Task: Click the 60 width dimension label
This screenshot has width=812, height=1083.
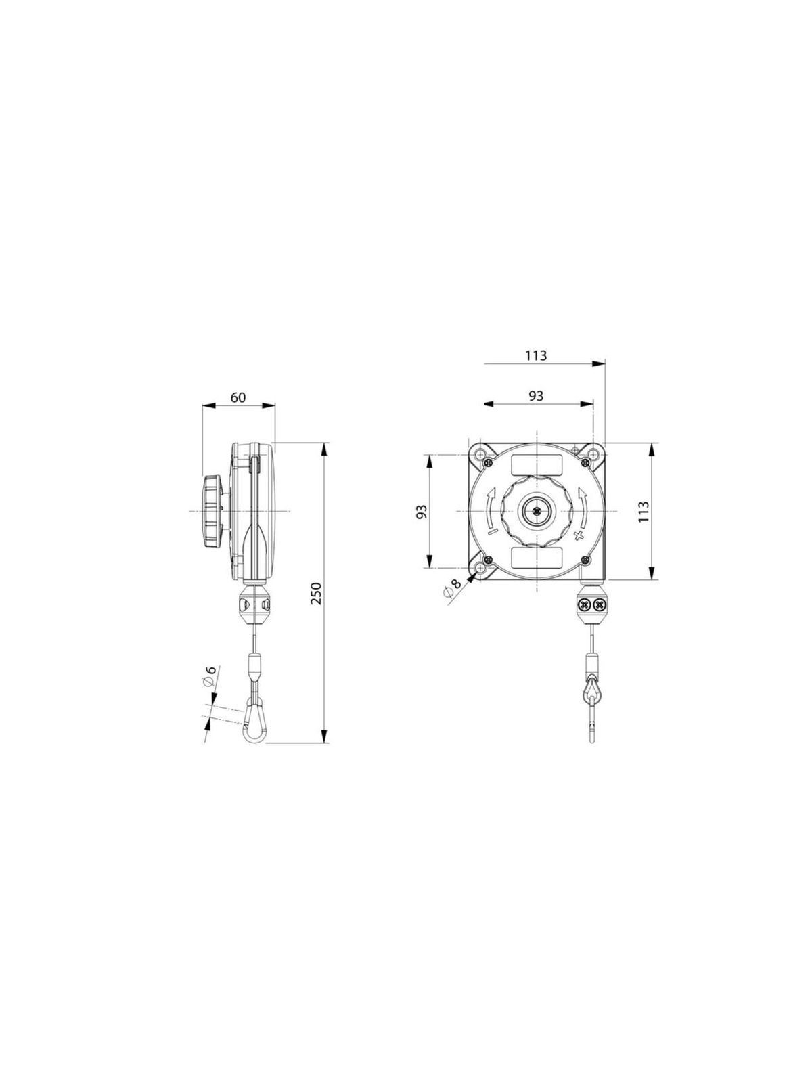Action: [x=238, y=397]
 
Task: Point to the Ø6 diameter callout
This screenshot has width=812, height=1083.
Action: [x=210, y=678]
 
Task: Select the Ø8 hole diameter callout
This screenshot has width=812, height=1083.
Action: [x=451, y=587]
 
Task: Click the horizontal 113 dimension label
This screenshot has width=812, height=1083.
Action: [x=535, y=355]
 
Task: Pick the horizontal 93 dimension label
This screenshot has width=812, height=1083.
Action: [x=535, y=396]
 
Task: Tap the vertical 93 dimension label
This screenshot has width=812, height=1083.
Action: [x=422, y=512]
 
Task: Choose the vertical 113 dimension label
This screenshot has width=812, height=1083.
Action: [x=643, y=512]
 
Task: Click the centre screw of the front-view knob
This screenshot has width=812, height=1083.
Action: [x=535, y=512]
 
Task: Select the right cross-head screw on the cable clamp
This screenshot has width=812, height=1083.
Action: [x=598, y=603]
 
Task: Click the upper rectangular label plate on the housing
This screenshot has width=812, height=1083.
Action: [x=536, y=465]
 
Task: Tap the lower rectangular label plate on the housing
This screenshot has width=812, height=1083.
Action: [x=536, y=557]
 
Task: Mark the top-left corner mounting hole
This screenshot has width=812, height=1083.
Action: [x=480, y=454]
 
